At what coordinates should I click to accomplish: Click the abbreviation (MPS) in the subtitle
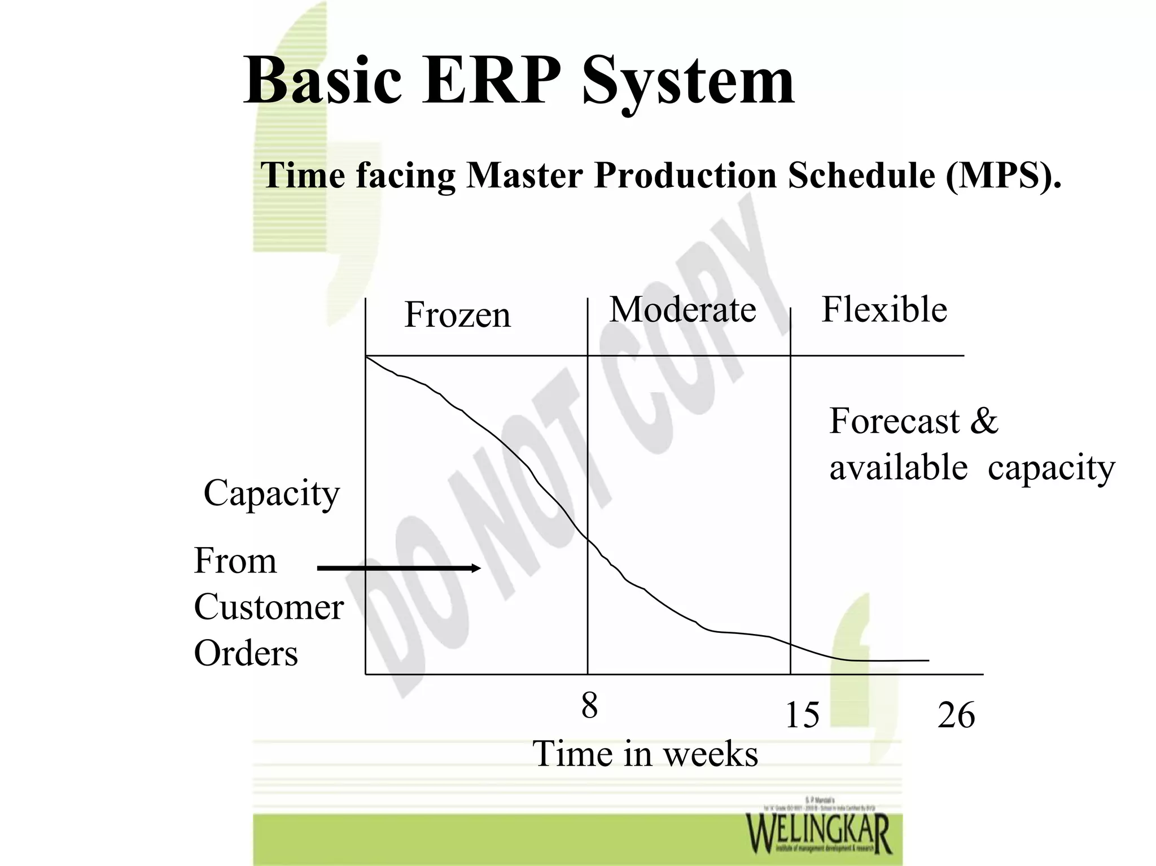click(1004, 175)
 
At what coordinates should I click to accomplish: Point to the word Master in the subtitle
click(524, 175)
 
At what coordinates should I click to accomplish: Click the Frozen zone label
click(457, 314)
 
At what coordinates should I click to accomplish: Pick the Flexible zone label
click(884, 309)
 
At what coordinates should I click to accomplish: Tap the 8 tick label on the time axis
click(589, 706)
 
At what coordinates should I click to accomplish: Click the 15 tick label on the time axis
click(802, 715)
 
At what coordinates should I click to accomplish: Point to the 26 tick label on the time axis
click(956, 715)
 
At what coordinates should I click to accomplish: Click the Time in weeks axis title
click(645, 754)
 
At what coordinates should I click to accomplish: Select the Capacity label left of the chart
click(272, 493)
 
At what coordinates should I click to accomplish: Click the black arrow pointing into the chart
click(399, 568)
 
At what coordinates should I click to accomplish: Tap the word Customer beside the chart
click(269, 607)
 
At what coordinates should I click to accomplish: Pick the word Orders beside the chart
click(246, 653)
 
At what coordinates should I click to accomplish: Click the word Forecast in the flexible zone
click(894, 421)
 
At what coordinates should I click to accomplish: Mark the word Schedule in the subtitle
click(861, 175)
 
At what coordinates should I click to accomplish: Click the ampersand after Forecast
click(984, 421)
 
